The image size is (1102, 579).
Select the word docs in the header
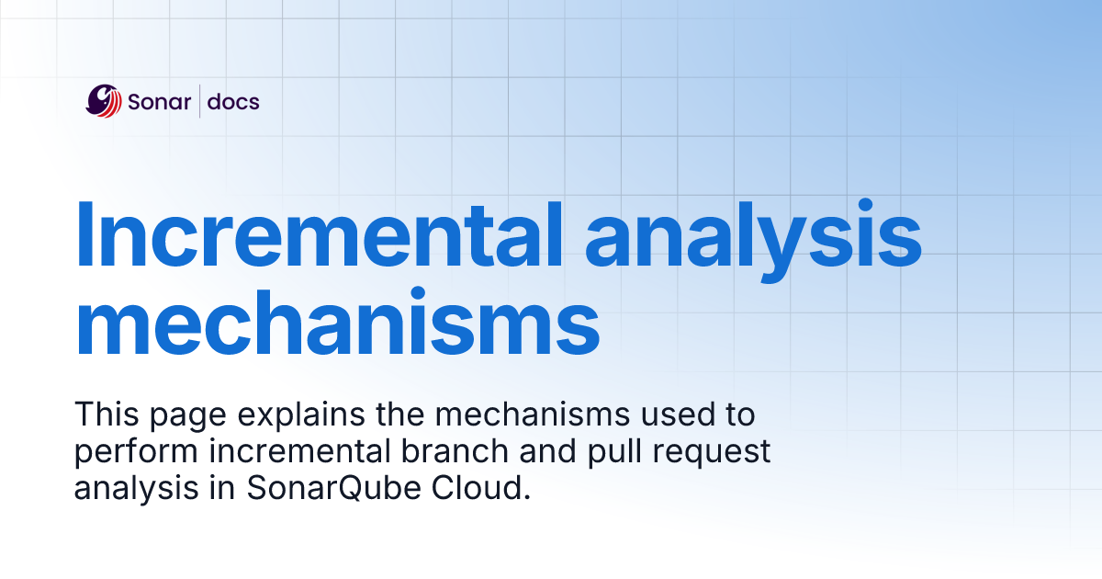pos(233,102)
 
